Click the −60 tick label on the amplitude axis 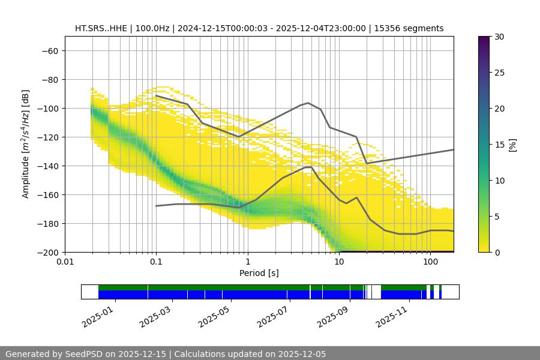[x=49, y=51]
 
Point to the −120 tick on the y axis [x=47, y=137]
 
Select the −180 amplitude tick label [x=47, y=224]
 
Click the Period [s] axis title [x=259, y=273]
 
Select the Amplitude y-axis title [x=26, y=144]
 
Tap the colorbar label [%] [x=512, y=145]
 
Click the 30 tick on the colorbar [x=497, y=37]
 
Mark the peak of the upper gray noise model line [x=308, y=103]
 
